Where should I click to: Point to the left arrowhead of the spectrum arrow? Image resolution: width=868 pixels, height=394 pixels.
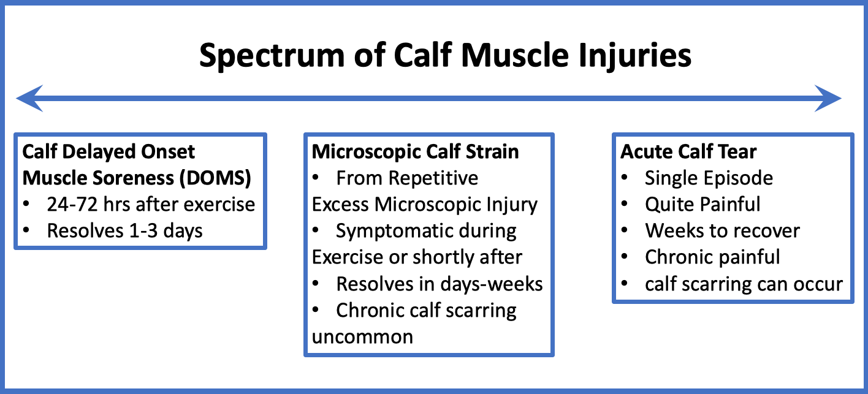tap(28, 99)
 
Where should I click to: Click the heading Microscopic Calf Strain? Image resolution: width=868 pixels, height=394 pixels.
tap(415, 151)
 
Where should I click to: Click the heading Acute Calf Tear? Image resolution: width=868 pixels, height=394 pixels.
tap(688, 151)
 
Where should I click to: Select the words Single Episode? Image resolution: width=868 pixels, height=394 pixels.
tap(709, 178)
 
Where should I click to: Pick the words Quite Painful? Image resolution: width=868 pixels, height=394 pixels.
tap(702, 204)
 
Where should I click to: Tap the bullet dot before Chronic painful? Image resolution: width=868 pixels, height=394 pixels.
tap(625, 257)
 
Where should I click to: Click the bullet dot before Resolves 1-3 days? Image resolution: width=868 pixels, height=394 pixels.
tap(27, 231)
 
